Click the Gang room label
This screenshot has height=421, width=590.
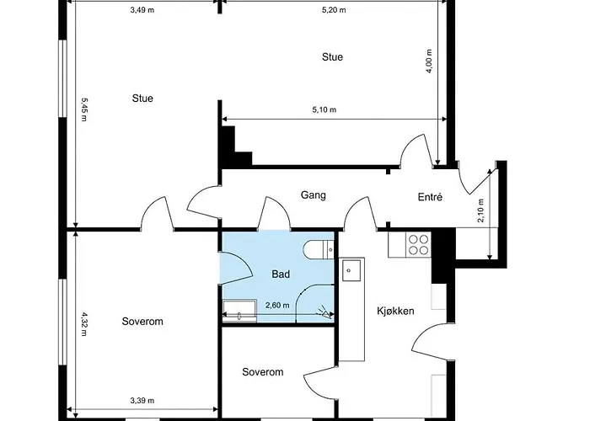313,195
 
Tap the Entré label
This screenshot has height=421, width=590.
430,197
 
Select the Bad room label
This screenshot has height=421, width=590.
281,274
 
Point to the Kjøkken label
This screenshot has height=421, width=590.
395,311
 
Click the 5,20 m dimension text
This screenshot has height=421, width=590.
334,10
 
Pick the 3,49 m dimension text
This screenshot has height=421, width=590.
142,10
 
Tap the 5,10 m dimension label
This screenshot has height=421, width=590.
324,109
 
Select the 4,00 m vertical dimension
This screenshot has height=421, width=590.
429,61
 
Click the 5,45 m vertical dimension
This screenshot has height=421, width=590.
84,109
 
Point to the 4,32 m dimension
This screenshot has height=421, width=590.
84,323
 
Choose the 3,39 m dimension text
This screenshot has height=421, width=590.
142,401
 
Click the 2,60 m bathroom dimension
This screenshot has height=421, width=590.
277,305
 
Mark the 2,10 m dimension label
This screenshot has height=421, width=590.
481,210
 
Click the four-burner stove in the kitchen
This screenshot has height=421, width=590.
418,244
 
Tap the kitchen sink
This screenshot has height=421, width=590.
351,270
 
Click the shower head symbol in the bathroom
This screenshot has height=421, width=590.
324,312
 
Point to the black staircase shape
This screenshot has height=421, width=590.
234,147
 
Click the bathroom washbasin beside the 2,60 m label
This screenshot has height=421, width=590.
239,312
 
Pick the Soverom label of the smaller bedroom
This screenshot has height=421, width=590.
263,372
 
